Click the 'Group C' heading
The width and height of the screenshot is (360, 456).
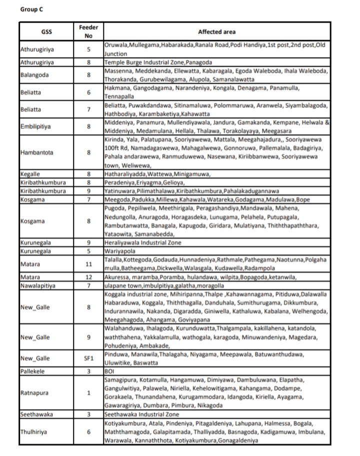point(31,9)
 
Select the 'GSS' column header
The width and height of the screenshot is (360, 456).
point(45,32)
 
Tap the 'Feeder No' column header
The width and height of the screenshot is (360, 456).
point(88,32)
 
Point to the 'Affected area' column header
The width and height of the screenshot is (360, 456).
point(216,32)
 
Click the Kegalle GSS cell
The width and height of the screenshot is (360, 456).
point(29,174)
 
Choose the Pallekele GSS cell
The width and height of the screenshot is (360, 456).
point(32,371)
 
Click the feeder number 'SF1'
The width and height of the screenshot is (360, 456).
point(88,358)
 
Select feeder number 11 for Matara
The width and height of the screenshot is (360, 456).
point(88,264)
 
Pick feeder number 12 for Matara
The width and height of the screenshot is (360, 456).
point(88,277)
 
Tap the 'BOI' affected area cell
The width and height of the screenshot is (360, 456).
point(109,371)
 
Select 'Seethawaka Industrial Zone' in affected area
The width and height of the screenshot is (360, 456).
point(141,414)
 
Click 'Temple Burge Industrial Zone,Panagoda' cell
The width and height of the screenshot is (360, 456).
point(158,63)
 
